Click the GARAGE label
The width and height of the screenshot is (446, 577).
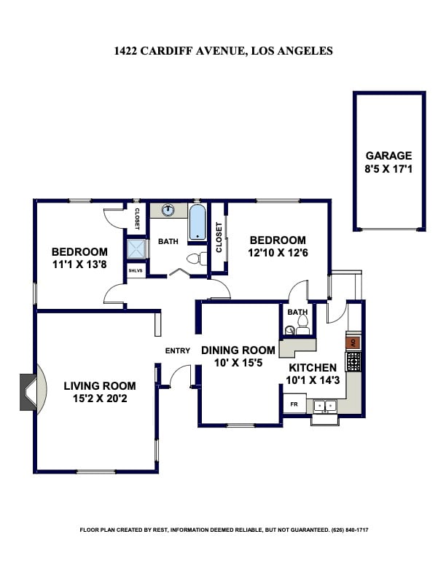[x=388, y=155]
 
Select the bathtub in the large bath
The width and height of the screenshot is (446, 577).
[x=197, y=222]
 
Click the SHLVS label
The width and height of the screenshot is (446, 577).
[x=136, y=270]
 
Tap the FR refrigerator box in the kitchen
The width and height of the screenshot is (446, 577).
[x=294, y=404]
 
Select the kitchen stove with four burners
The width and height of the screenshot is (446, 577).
[x=353, y=360]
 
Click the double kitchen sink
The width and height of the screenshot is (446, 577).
[x=325, y=405]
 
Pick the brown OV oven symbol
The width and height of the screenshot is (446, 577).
[x=353, y=342]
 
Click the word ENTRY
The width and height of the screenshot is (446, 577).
[x=177, y=350]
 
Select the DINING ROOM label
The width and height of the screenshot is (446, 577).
[x=238, y=350]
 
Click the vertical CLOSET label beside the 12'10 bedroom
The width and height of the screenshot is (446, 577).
[x=219, y=237]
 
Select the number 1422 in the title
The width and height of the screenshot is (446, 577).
[x=128, y=51]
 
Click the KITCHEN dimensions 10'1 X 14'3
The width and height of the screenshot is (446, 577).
[x=313, y=380]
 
